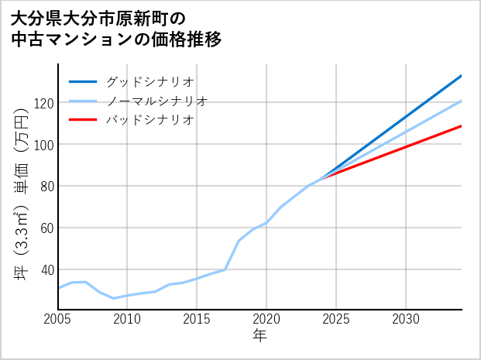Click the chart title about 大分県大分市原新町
[x=116, y=28]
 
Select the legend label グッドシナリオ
[x=149, y=81]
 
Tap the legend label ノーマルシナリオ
[x=156, y=101]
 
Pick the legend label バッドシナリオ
[x=149, y=120]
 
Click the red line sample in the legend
[x=83, y=120]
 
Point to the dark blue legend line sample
[x=83, y=81]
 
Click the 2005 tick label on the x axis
[x=58, y=319]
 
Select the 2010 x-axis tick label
[x=128, y=319]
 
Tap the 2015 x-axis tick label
[x=198, y=319]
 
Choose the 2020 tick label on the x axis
[x=266, y=319]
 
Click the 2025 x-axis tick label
[x=336, y=319]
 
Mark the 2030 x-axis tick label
[x=406, y=319]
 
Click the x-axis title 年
[x=260, y=336]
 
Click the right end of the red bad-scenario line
[x=461, y=125]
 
